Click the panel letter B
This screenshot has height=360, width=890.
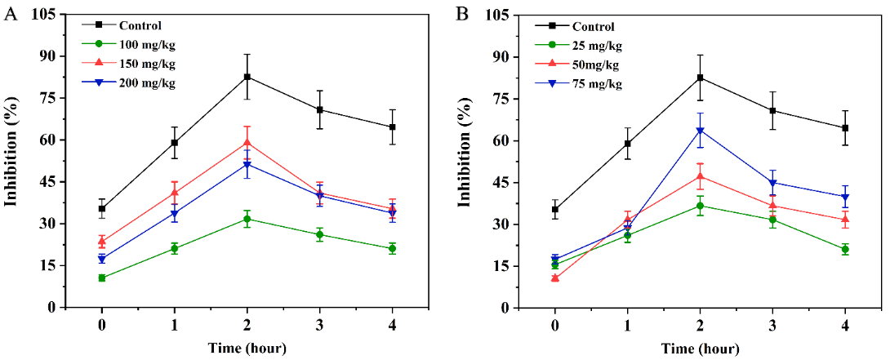pyautogui.click(x=462, y=14)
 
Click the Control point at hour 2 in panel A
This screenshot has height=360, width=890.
pyautogui.click(x=247, y=77)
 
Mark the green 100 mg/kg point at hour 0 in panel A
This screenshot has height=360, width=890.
pyautogui.click(x=102, y=278)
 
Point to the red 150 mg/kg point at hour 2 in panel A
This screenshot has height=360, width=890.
pyautogui.click(x=247, y=143)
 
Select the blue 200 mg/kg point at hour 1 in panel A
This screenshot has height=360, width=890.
pyautogui.click(x=175, y=214)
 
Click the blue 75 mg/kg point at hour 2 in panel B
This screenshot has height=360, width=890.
pyautogui.click(x=701, y=131)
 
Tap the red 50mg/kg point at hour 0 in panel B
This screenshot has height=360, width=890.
pyautogui.click(x=555, y=278)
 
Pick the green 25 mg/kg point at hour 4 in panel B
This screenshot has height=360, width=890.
pyautogui.click(x=845, y=249)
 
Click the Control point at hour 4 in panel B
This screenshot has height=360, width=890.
pyautogui.click(x=845, y=128)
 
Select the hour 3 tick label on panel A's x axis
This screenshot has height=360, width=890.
pyautogui.click(x=320, y=324)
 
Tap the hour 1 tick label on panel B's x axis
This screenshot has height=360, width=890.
pyautogui.click(x=628, y=324)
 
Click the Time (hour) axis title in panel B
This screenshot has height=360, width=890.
pyautogui.click(x=701, y=349)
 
